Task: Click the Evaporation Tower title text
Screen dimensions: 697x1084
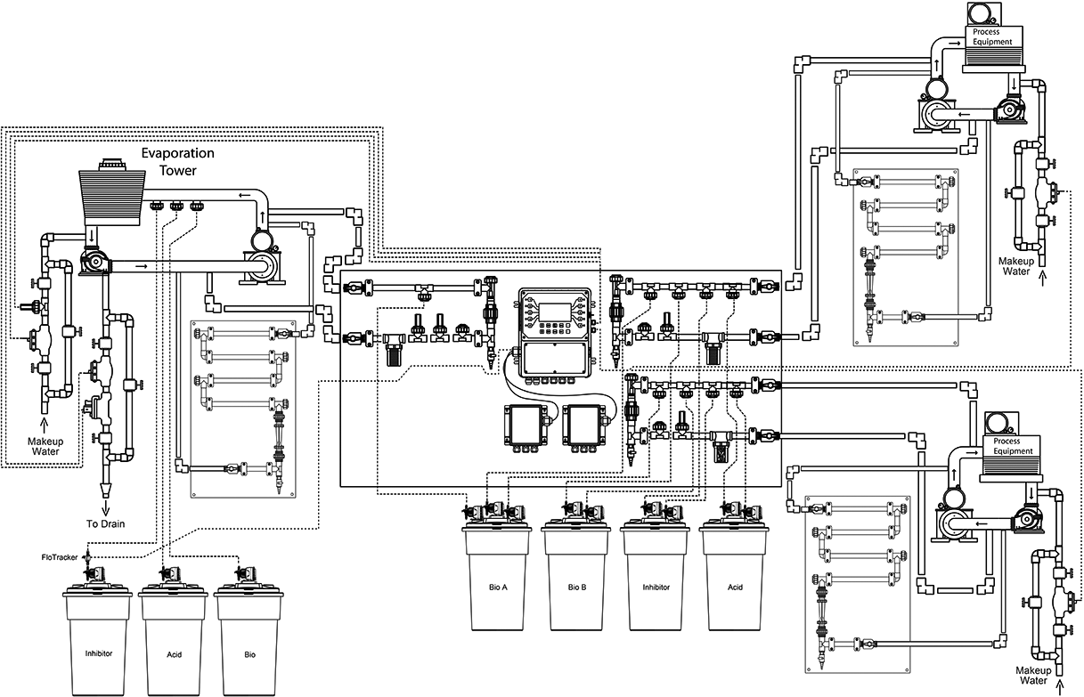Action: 177,161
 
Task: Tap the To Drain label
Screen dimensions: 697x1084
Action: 106,523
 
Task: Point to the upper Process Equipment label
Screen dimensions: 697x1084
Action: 992,36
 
